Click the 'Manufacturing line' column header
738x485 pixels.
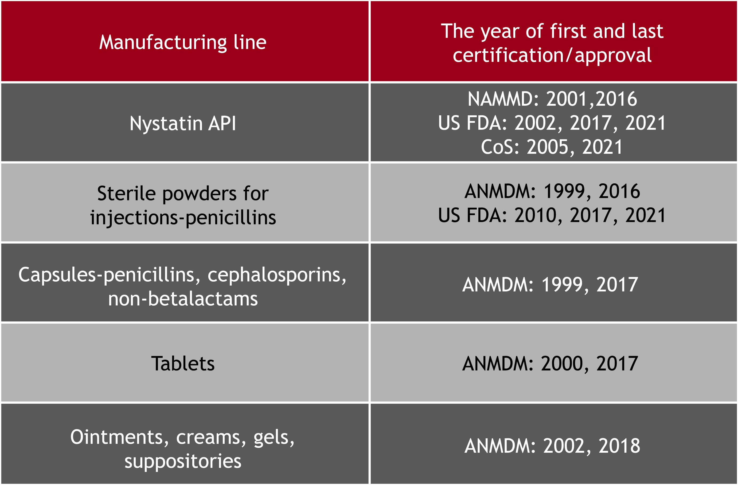coord(183,42)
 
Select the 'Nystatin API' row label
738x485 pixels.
coord(183,123)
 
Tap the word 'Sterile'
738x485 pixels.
coord(126,193)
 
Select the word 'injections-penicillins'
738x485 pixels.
coord(183,218)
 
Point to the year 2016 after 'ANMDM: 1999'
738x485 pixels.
coord(619,191)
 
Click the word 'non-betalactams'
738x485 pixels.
coord(183,299)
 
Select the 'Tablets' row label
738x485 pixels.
coord(183,364)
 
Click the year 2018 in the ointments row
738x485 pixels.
coord(619,446)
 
